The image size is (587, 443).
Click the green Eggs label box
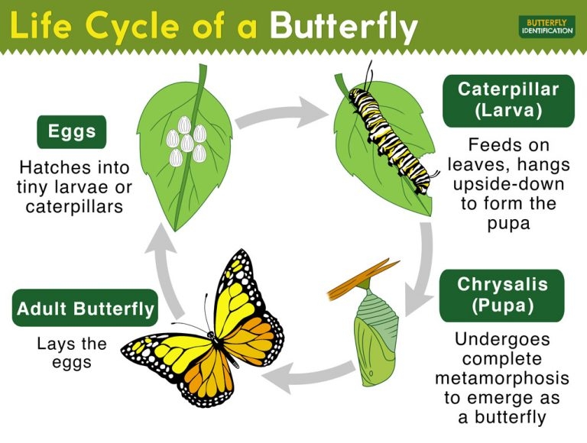point(71,132)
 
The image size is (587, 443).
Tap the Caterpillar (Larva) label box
point(508,99)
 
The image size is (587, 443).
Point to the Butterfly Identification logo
point(546,25)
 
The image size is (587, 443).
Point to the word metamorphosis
point(502,377)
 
